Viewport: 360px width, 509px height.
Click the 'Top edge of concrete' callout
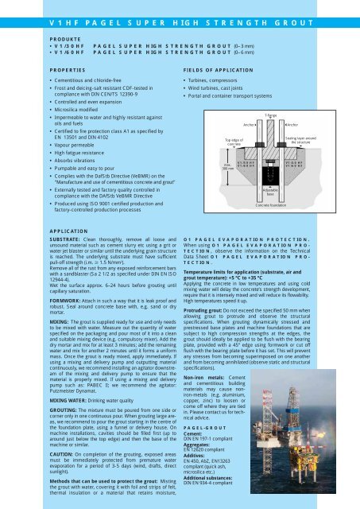point(226,142)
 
